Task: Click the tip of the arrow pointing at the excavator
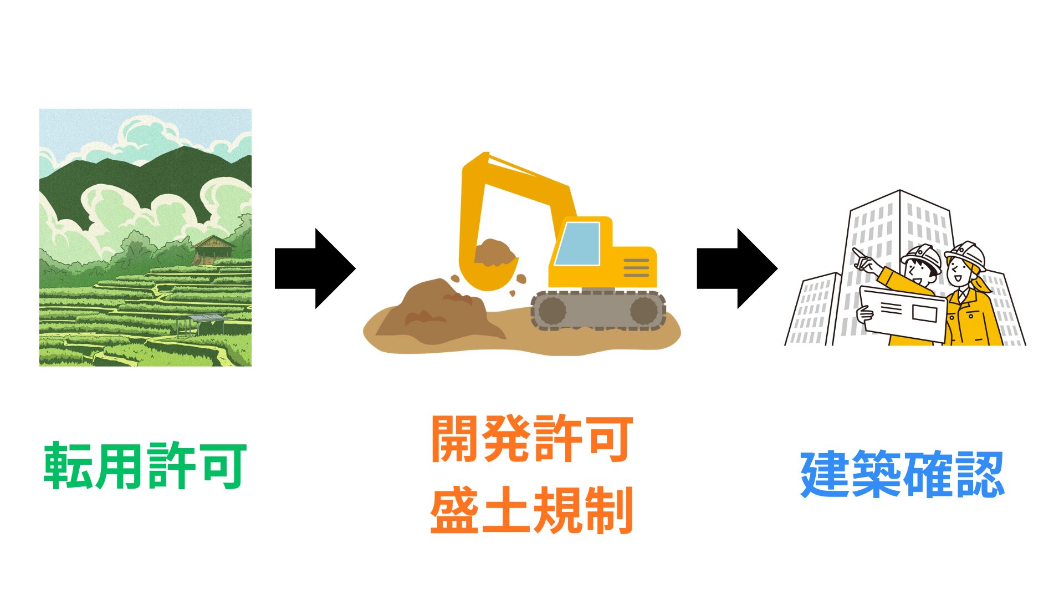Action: tap(355, 268)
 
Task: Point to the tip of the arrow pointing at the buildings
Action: tap(777, 268)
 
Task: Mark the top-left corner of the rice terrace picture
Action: tap(39, 109)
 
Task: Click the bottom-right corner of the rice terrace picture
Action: tap(252, 366)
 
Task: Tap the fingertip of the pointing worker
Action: tap(854, 250)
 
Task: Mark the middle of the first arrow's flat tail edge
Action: tap(275, 268)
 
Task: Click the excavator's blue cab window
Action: tap(578, 244)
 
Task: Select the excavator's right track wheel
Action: tap(644, 311)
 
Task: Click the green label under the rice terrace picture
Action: tap(145, 466)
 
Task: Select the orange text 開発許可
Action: tap(532, 438)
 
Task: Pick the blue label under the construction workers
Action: tap(903, 474)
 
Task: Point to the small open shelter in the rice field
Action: tap(201, 324)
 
